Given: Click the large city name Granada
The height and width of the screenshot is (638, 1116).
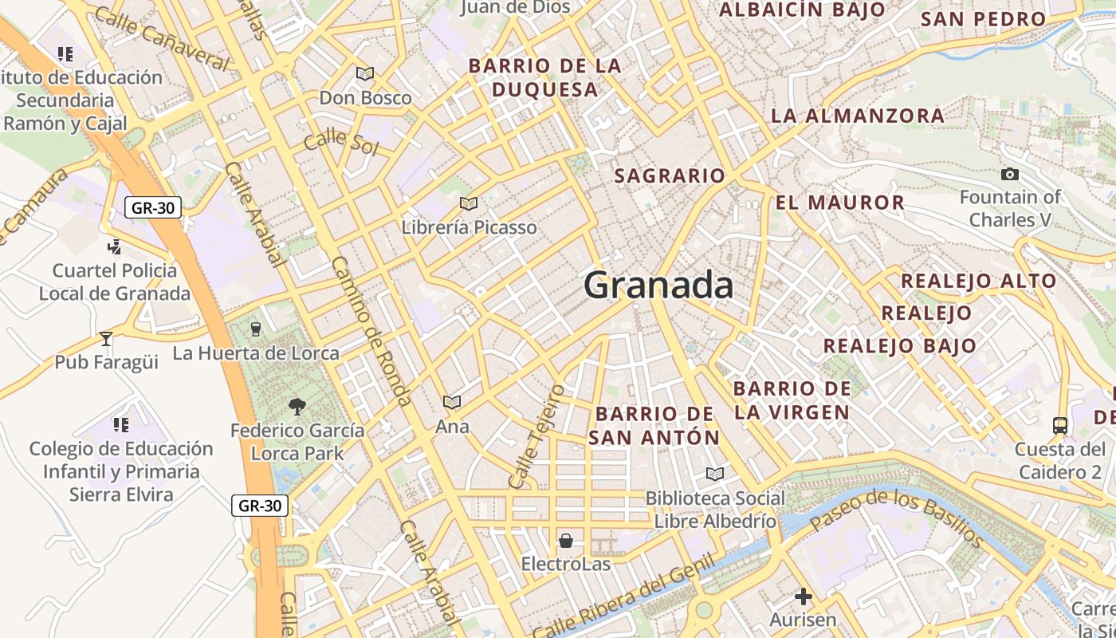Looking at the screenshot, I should (x=658, y=286).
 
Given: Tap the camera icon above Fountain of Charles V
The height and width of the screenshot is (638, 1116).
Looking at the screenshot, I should (x=1009, y=174).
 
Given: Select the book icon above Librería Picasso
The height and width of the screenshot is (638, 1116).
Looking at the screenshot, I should (x=469, y=204).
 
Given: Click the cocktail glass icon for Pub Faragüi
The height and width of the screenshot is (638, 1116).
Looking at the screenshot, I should (x=106, y=339).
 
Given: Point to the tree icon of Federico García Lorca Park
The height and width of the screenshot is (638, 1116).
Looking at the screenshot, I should (x=297, y=407).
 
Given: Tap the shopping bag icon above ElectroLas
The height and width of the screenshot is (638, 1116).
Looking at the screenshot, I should (x=565, y=542).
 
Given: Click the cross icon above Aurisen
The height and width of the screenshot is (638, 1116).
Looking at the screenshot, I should (x=803, y=596).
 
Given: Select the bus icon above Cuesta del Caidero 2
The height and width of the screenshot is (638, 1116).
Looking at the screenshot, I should (x=1060, y=426).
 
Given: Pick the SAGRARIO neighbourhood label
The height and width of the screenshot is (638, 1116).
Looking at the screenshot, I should (x=670, y=175).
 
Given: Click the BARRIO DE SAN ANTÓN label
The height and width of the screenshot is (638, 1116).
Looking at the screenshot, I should (x=654, y=426).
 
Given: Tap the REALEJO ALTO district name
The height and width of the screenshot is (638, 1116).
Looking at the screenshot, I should (x=978, y=281).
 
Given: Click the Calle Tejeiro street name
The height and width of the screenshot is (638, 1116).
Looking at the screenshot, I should (x=537, y=437).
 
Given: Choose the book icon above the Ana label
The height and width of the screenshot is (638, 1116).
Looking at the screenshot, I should (x=452, y=402).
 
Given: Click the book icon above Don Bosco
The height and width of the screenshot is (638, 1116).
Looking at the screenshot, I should (x=365, y=74).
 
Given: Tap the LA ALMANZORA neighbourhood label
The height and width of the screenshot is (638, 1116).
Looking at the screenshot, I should (x=857, y=116).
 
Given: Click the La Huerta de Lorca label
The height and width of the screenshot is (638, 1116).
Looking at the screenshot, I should (x=256, y=352).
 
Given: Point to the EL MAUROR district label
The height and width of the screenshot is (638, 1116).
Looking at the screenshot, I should (x=840, y=203).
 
